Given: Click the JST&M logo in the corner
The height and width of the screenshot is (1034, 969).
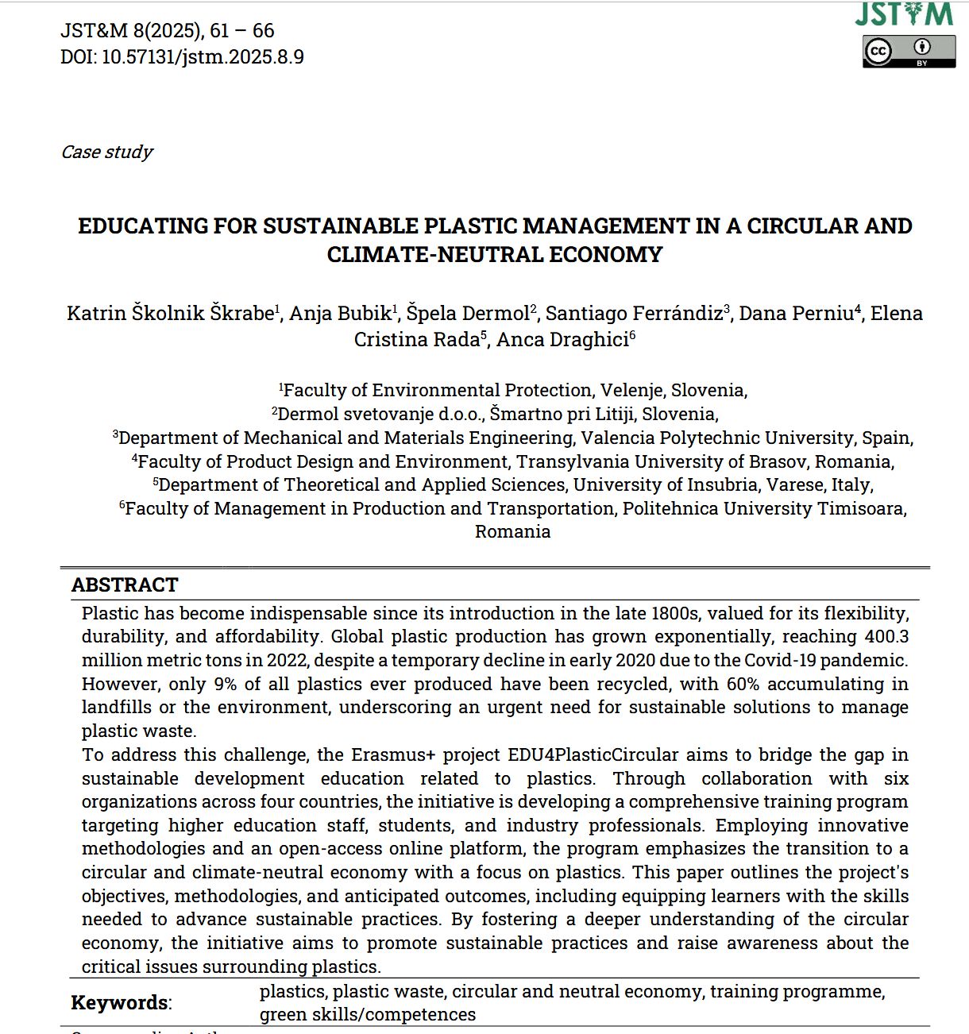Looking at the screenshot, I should (x=904, y=14).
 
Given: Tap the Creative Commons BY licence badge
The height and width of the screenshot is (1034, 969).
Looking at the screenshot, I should (x=909, y=52).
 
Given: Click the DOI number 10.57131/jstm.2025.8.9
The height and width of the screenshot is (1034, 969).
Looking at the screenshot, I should (x=203, y=57).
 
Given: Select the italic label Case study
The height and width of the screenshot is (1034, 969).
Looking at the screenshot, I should (x=106, y=152).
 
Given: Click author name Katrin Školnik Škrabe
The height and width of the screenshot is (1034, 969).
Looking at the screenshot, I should (x=170, y=314).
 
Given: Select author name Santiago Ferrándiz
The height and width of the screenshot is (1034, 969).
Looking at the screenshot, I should (x=634, y=314).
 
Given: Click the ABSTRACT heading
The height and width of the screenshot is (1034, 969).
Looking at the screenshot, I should (x=125, y=585).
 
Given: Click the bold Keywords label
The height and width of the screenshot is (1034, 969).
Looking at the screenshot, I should (x=120, y=1003).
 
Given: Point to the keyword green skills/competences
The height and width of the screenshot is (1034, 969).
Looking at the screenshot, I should (x=368, y=1015).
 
